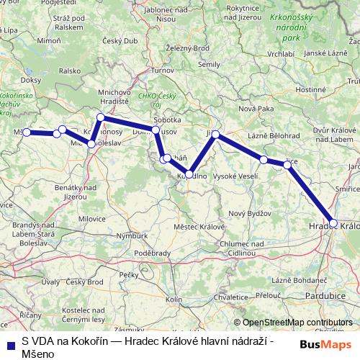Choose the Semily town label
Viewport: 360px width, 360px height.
[209, 64]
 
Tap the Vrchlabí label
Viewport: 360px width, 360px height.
[279, 53]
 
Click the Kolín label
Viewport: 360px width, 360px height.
[174, 298]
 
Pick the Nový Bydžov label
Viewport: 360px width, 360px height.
[249, 214]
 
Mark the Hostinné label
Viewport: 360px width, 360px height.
[312, 89]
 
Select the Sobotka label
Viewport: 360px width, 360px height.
[167, 120]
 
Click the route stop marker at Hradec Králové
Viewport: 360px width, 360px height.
[333, 223]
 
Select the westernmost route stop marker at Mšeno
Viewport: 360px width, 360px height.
[27, 132]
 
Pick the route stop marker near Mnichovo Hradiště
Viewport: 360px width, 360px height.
[101, 117]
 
